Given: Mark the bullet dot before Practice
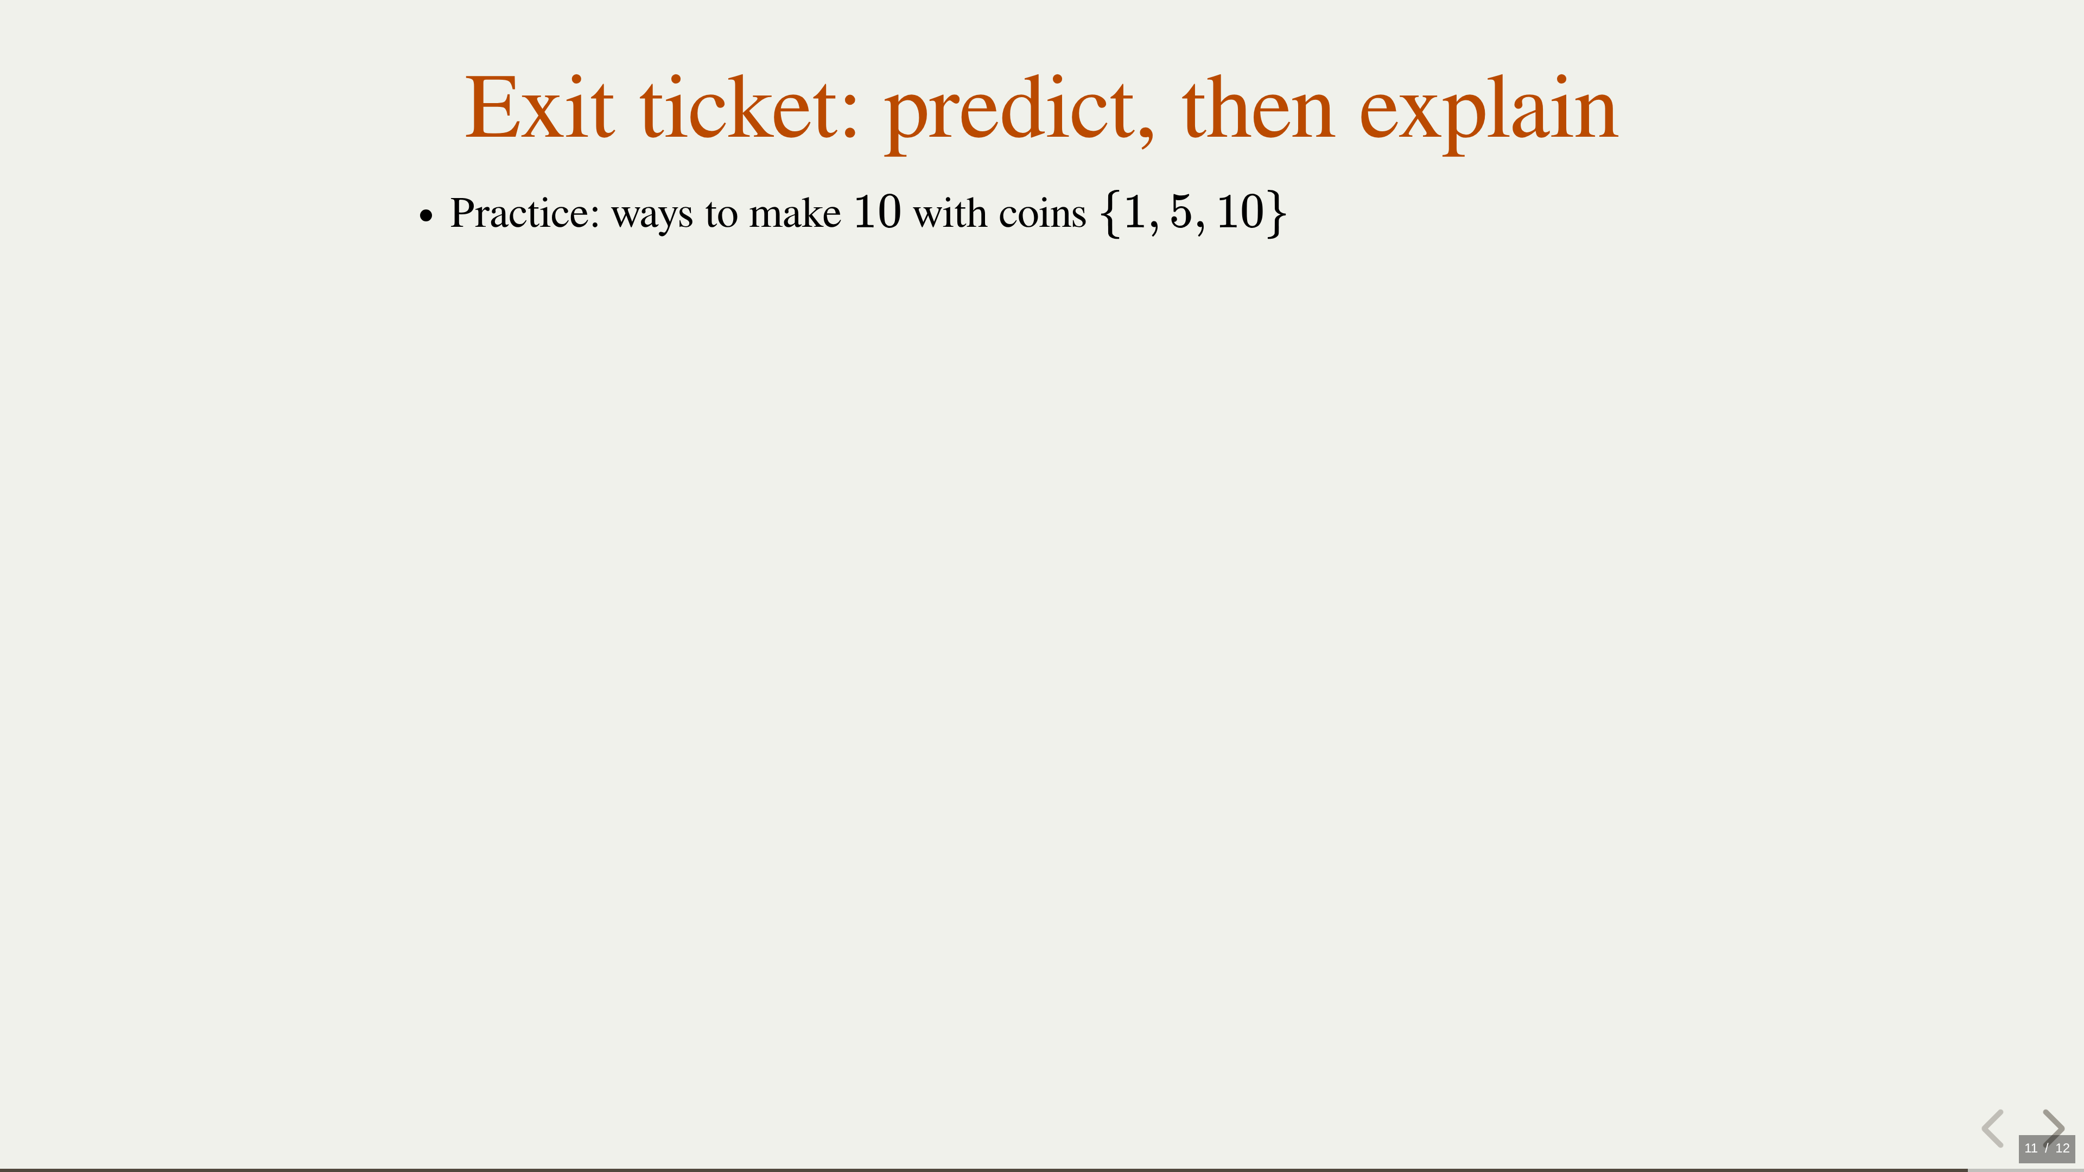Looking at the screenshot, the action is click(427, 216).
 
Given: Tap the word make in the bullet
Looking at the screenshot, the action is click(795, 213).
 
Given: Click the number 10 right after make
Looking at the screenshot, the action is click(877, 212).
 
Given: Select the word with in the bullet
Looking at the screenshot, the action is click(950, 213).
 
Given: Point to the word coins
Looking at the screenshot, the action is click(1043, 214).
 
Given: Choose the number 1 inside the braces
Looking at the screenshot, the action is click(1135, 212).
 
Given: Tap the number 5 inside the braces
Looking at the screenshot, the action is click(1181, 212).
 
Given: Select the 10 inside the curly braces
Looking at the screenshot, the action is click(1240, 212).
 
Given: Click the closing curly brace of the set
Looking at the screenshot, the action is click(1276, 214).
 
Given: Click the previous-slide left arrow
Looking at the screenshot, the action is click(1993, 1129).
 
